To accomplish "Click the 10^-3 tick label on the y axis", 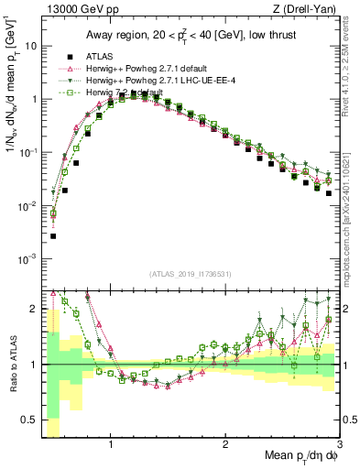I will pos(27,259).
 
